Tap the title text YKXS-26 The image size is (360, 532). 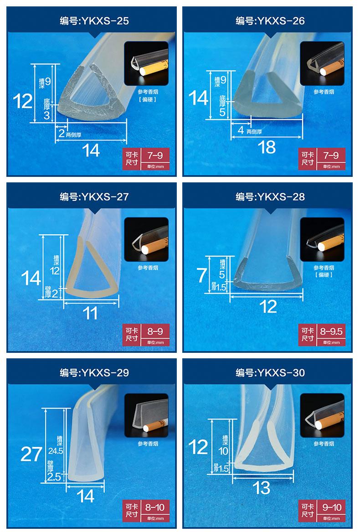point(281,21)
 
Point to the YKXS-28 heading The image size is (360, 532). point(281,197)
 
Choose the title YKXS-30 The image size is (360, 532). point(281,373)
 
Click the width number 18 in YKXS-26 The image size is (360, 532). point(267,147)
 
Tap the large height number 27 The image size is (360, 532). point(31,454)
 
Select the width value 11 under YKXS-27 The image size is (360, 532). point(90,313)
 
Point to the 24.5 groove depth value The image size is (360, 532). point(56,451)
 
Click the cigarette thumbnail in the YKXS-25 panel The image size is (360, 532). point(146,63)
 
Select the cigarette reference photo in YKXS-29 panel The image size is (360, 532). point(146,415)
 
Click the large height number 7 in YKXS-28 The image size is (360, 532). point(201,275)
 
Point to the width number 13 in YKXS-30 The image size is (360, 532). point(261,488)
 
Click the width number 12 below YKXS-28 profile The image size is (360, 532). point(268,307)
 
